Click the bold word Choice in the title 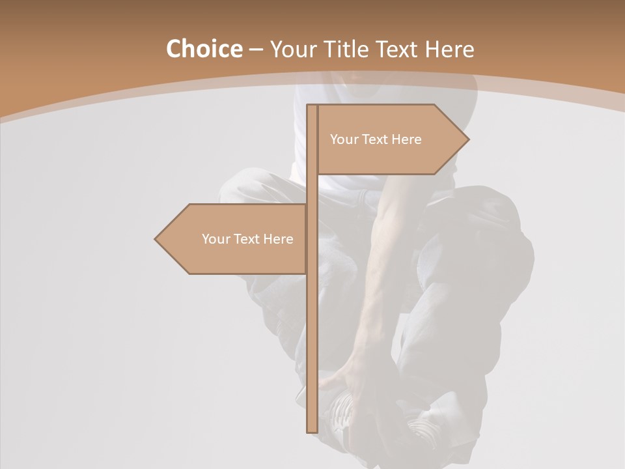[204, 49]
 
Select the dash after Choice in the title [256, 50]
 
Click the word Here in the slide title [450, 49]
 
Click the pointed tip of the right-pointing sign [467, 139]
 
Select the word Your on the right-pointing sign [343, 139]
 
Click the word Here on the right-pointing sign [407, 139]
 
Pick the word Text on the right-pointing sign [375, 139]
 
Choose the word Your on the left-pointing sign [215, 239]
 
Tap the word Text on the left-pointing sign [247, 239]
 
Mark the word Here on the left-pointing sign [279, 239]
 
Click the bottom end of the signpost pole [312, 430]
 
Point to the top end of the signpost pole [312, 106]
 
